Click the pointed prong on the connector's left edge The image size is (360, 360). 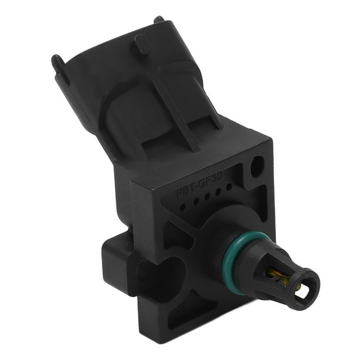57,62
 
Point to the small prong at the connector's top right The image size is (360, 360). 158,19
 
